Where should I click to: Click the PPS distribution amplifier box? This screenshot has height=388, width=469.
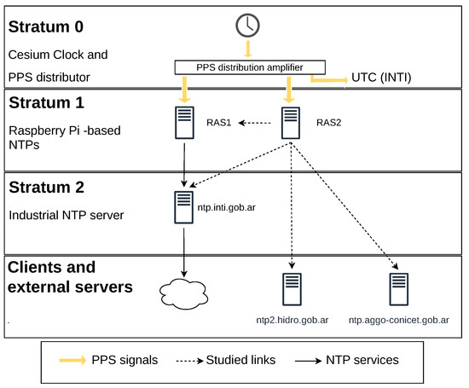(x=250, y=67)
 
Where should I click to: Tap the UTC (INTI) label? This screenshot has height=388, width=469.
(x=381, y=78)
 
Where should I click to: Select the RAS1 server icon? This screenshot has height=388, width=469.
(x=184, y=123)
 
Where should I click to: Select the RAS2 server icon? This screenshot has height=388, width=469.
(x=291, y=123)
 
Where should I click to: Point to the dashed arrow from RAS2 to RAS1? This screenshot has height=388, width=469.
(x=255, y=123)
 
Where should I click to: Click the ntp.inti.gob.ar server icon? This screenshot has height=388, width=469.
(x=183, y=207)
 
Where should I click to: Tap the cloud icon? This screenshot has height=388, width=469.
(x=183, y=293)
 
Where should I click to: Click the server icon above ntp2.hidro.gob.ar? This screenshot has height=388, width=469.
(x=292, y=289)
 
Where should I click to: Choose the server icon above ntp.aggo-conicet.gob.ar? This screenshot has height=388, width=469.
(x=399, y=289)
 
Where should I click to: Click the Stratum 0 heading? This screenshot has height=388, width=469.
(x=46, y=26)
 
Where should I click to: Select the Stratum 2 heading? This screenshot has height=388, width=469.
(x=46, y=188)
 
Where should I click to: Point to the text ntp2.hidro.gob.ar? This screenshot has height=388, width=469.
(x=292, y=320)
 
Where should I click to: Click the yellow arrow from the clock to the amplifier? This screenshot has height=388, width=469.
(x=247, y=49)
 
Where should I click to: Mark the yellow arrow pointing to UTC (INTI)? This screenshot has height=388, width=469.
(x=329, y=79)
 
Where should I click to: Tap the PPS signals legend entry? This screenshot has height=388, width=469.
(x=108, y=360)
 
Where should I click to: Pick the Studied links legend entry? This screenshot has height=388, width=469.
(x=226, y=360)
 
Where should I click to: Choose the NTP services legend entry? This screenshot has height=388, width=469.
(x=347, y=360)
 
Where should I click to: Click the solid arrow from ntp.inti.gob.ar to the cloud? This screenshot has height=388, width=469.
(x=184, y=252)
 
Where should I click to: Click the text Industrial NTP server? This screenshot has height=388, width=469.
(x=67, y=215)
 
